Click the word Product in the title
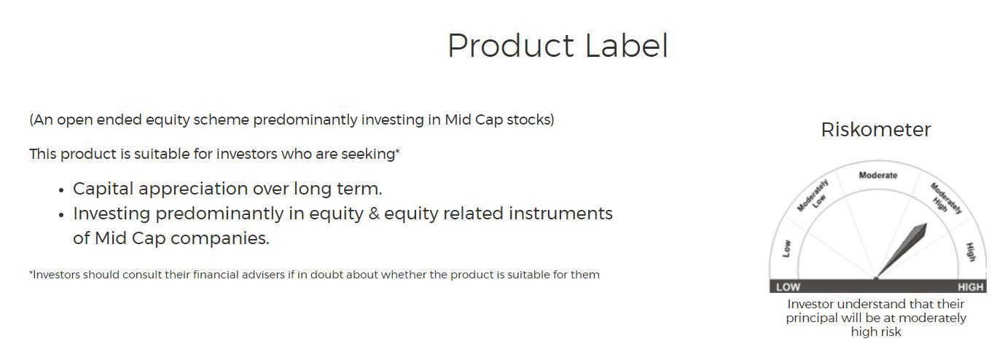pyautogui.click(x=511, y=46)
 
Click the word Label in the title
pyautogui.click(x=627, y=46)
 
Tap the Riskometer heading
pyautogui.click(x=875, y=130)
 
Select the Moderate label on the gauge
pyautogui.click(x=878, y=176)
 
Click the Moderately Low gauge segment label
pyautogui.click(x=815, y=196)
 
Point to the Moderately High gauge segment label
pyautogui.click(x=945, y=198)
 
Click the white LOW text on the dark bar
pyautogui.click(x=788, y=287)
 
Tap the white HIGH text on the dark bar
pyautogui.click(x=970, y=287)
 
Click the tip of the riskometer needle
pyautogui.click(x=926, y=224)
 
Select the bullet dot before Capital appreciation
pyautogui.click(x=61, y=190)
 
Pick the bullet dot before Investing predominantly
pyautogui.click(x=61, y=215)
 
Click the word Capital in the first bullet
pyautogui.click(x=103, y=189)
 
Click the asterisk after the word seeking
pyautogui.click(x=397, y=152)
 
